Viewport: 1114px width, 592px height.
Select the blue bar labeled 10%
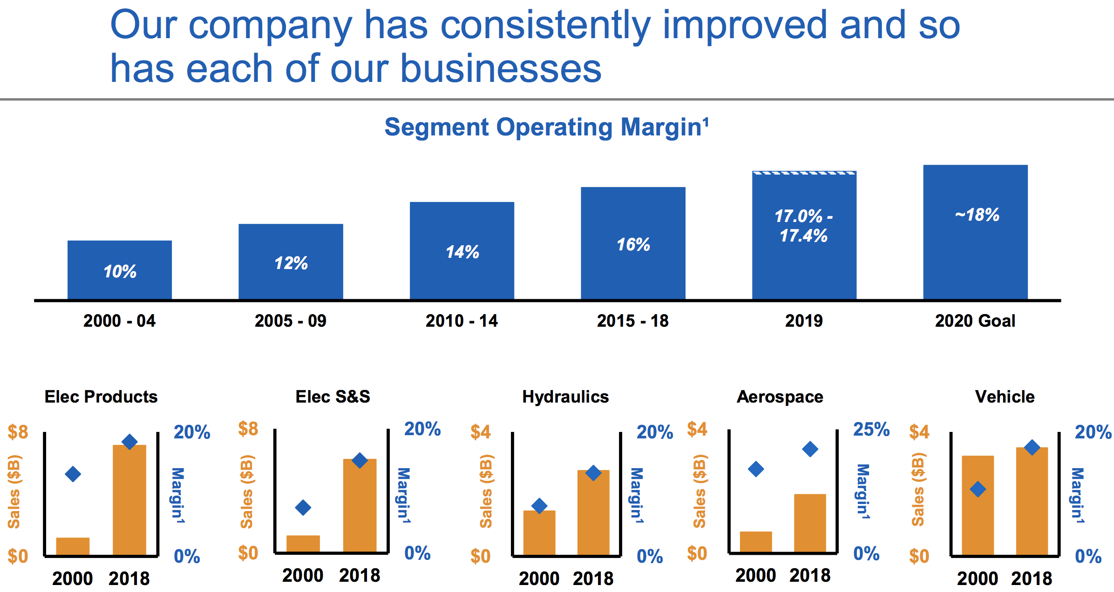[x=120, y=270]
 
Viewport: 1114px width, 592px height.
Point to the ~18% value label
[x=977, y=215]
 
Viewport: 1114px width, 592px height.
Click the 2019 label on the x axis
[x=804, y=321]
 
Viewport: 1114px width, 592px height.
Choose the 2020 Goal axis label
[x=975, y=321]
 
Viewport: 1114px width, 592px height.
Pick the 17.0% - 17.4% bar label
[x=804, y=226]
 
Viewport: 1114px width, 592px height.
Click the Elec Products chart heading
[x=101, y=397]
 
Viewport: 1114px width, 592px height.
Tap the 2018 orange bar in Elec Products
[x=129, y=500]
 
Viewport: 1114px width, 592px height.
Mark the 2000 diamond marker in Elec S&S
[x=303, y=507]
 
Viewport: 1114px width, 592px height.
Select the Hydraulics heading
[x=565, y=397]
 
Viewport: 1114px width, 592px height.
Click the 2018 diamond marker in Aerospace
[x=810, y=449]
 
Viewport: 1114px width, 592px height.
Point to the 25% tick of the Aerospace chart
[x=871, y=429]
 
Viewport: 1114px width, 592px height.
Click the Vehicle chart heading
[x=1005, y=397]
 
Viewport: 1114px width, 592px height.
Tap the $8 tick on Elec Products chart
[x=18, y=432]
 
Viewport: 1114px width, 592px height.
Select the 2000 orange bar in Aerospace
[x=756, y=543]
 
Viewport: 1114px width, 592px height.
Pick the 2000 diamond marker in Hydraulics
[x=539, y=505]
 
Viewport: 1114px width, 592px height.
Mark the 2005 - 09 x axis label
[x=291, y=321]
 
